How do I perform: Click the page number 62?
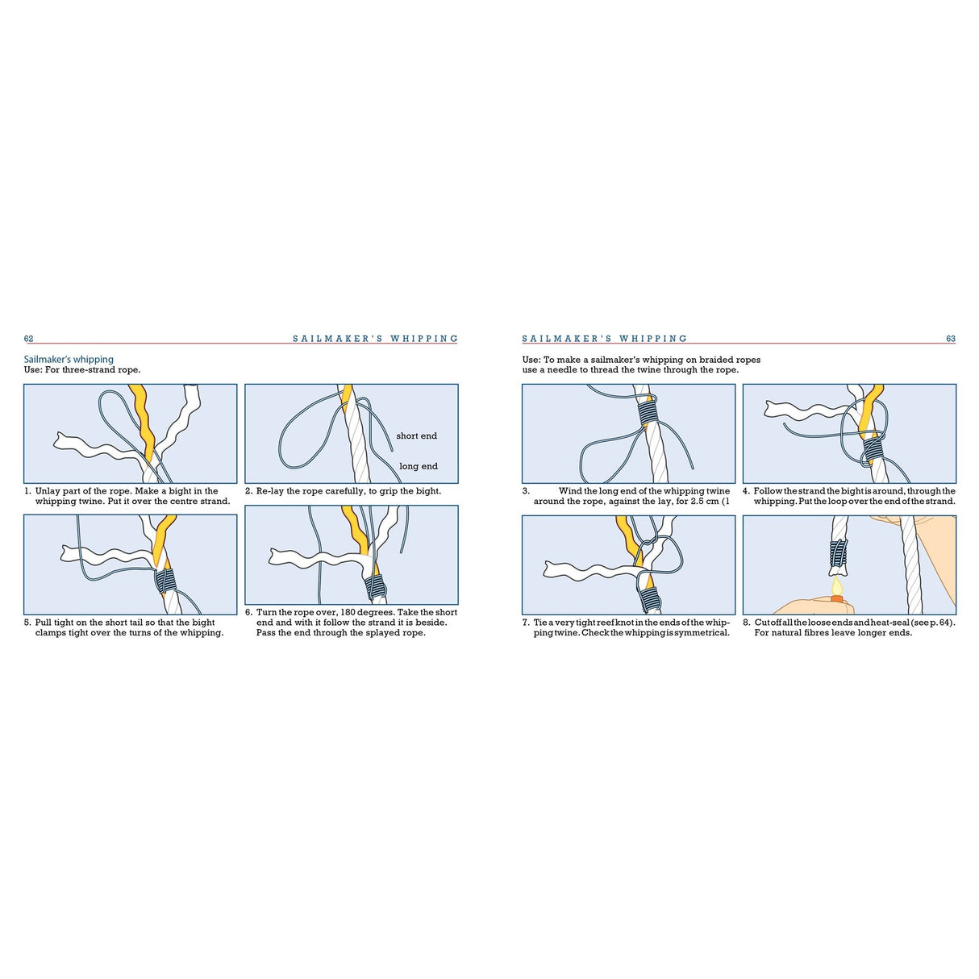(x=28, y=339)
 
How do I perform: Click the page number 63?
(x=950, y=339)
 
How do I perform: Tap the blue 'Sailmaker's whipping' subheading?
(x=69, y=360)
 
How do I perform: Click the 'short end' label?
(x=416, y=436)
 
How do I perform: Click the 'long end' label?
(x=418, y=466)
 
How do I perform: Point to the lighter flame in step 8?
(x=837, y=585)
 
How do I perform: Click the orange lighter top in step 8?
(x=837, y=599)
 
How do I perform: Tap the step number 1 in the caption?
(x=27, y=491)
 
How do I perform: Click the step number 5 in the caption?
(x=27, y=623)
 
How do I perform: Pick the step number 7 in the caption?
(x=525, y=623)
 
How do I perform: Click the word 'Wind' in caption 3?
(x=570, y=491)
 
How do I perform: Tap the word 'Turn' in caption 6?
(x=267, y=612)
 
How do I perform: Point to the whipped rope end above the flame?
(x=839, y=553)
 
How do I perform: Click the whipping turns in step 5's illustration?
(x=165, y=581)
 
